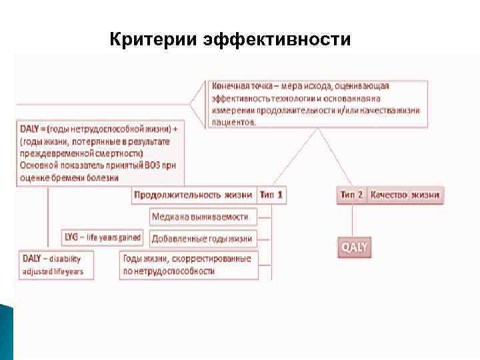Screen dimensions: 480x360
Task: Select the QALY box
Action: click(x=355, y=247)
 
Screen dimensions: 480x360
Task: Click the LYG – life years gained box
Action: click(x=102, y=237)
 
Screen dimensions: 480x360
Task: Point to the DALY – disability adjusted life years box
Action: click(x=57, y=265)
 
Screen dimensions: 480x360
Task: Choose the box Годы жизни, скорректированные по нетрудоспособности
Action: click(x=187, y=265)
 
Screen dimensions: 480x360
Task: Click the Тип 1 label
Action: click(x=271, y=195)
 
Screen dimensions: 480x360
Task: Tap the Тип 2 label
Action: click(x=351, y=195)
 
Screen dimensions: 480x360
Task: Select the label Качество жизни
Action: click(x=405, y=195)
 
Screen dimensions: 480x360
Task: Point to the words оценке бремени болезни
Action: click(x=69, y=177)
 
